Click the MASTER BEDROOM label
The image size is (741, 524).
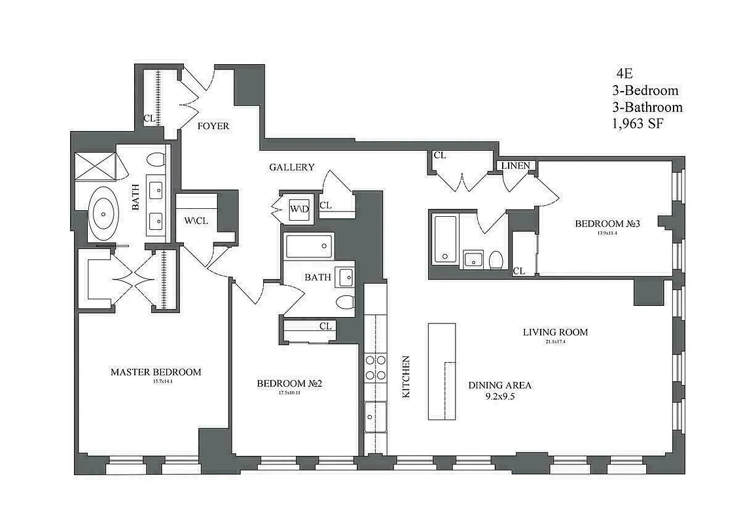tap(155, 372)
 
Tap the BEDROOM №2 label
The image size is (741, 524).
tap(289, 383)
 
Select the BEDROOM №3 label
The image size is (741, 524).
tap(607, 223)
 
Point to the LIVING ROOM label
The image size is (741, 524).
tap(555, 332)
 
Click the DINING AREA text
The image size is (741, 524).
tap(499, 385)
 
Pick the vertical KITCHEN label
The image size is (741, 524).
tap(406, 377)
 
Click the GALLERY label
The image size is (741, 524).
tap(292, 168)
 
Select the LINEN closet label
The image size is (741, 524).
tap(516, 166)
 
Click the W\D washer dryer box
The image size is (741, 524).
tap(299, 209)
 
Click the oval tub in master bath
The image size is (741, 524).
tap(104, 214)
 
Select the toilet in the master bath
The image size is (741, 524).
tap(156, 160)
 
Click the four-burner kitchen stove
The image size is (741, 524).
tap(375, 367)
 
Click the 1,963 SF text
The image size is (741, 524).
tap(638, 123)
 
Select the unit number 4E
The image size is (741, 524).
tap(624, 74)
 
